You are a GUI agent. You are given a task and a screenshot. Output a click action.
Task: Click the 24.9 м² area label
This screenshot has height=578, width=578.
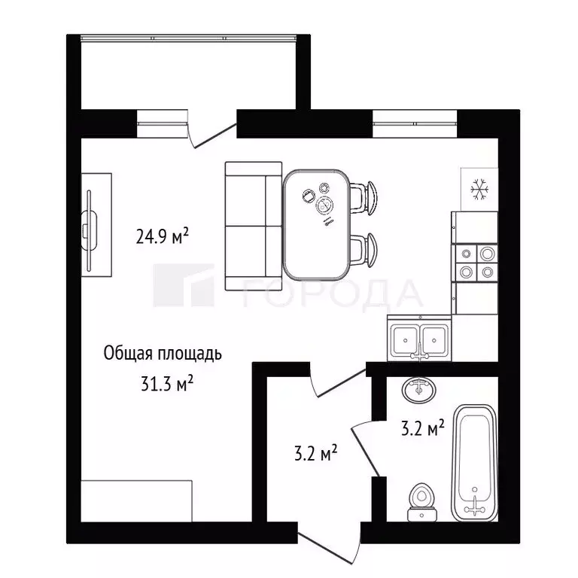(x=162, y=238)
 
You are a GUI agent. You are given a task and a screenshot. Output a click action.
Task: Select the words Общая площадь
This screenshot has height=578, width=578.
(x=163, y=354)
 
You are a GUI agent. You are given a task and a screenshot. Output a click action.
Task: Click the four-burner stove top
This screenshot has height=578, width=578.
(x=476, y=262)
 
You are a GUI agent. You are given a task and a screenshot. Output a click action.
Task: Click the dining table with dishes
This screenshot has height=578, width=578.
(x=317, y=223)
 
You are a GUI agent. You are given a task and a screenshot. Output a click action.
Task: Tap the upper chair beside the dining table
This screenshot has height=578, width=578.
(x=367, y=196)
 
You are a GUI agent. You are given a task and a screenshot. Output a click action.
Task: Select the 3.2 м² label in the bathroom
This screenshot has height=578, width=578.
(x=421, y=430)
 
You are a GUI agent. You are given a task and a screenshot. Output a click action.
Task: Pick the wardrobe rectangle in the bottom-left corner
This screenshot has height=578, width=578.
(x=136, y=500)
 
